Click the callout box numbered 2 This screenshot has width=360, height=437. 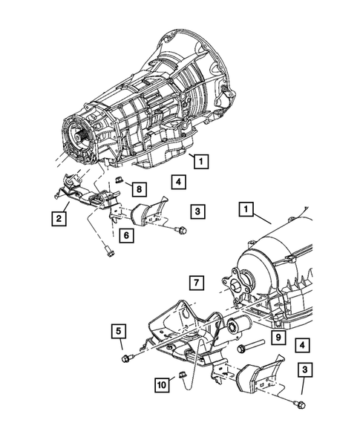click(x=56, y=218)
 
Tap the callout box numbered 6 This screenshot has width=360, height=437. click(x=127, y=235)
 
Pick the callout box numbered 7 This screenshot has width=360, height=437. click(x=195, y=283)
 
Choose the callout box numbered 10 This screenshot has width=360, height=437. click(x=161, y=385)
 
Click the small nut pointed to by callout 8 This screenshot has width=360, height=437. click(x=118, y=182)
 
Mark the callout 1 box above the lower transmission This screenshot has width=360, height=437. click(x=244, y=211)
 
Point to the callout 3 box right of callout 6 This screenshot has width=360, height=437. click(x=198, y=212)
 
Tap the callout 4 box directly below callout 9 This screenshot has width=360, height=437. click(x=301, y=345)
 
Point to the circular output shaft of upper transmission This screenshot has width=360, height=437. click(x=78, y=137)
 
